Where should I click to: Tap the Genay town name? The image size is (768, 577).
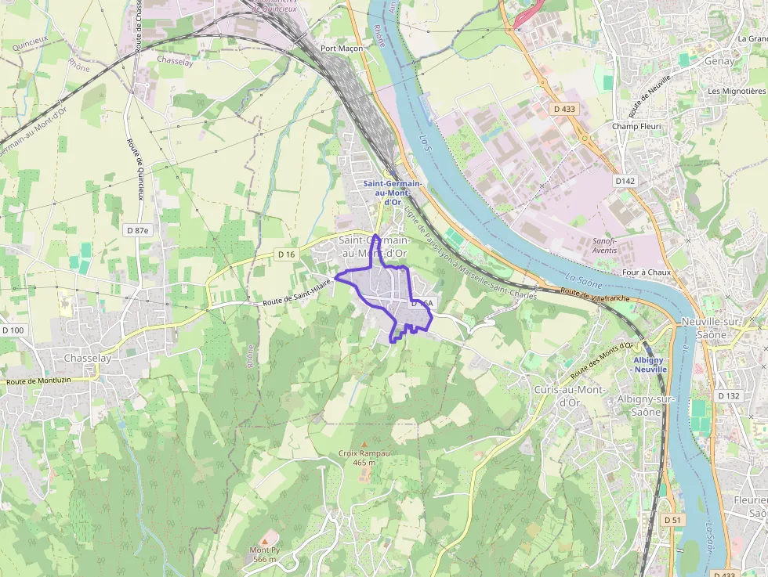[720, 61]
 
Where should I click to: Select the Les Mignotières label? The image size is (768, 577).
[737, 92]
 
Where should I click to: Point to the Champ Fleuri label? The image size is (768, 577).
[636, 126]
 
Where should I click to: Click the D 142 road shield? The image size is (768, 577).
[625, 181]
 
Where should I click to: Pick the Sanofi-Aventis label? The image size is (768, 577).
[604, 246]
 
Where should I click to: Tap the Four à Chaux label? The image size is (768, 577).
[646, 272]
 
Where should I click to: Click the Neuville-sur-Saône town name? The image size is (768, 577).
[715, 329]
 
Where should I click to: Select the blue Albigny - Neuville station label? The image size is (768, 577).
[649, 365]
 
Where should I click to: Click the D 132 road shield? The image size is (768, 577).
[728, 396]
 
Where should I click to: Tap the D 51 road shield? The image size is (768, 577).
[672, 520]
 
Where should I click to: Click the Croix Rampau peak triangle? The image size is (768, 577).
[364, 444]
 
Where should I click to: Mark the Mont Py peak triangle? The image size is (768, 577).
[265, 540]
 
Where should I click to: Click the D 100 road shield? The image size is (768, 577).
[13, 330]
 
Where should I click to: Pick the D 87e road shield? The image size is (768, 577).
[137, 230]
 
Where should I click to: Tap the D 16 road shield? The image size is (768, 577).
[287, 254]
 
